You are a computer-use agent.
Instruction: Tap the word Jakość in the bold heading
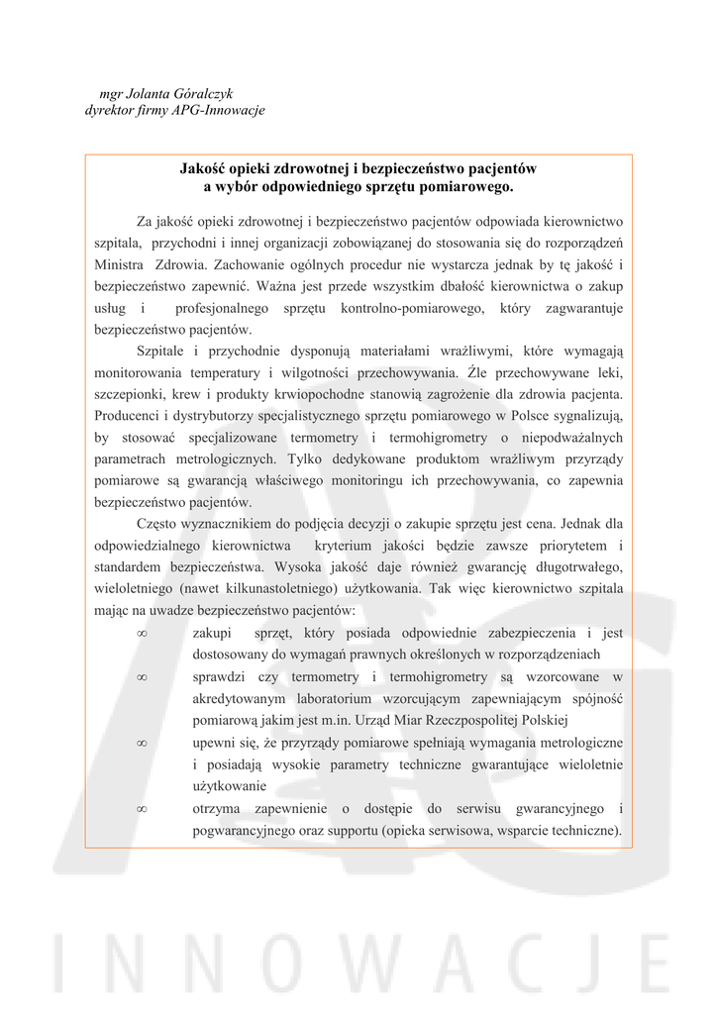200,169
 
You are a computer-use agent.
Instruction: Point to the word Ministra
119,264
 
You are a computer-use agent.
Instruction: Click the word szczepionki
129,395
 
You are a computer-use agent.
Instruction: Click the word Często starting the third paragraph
158,524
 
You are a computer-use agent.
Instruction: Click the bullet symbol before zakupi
142,634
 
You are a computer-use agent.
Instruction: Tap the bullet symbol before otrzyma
142,809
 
